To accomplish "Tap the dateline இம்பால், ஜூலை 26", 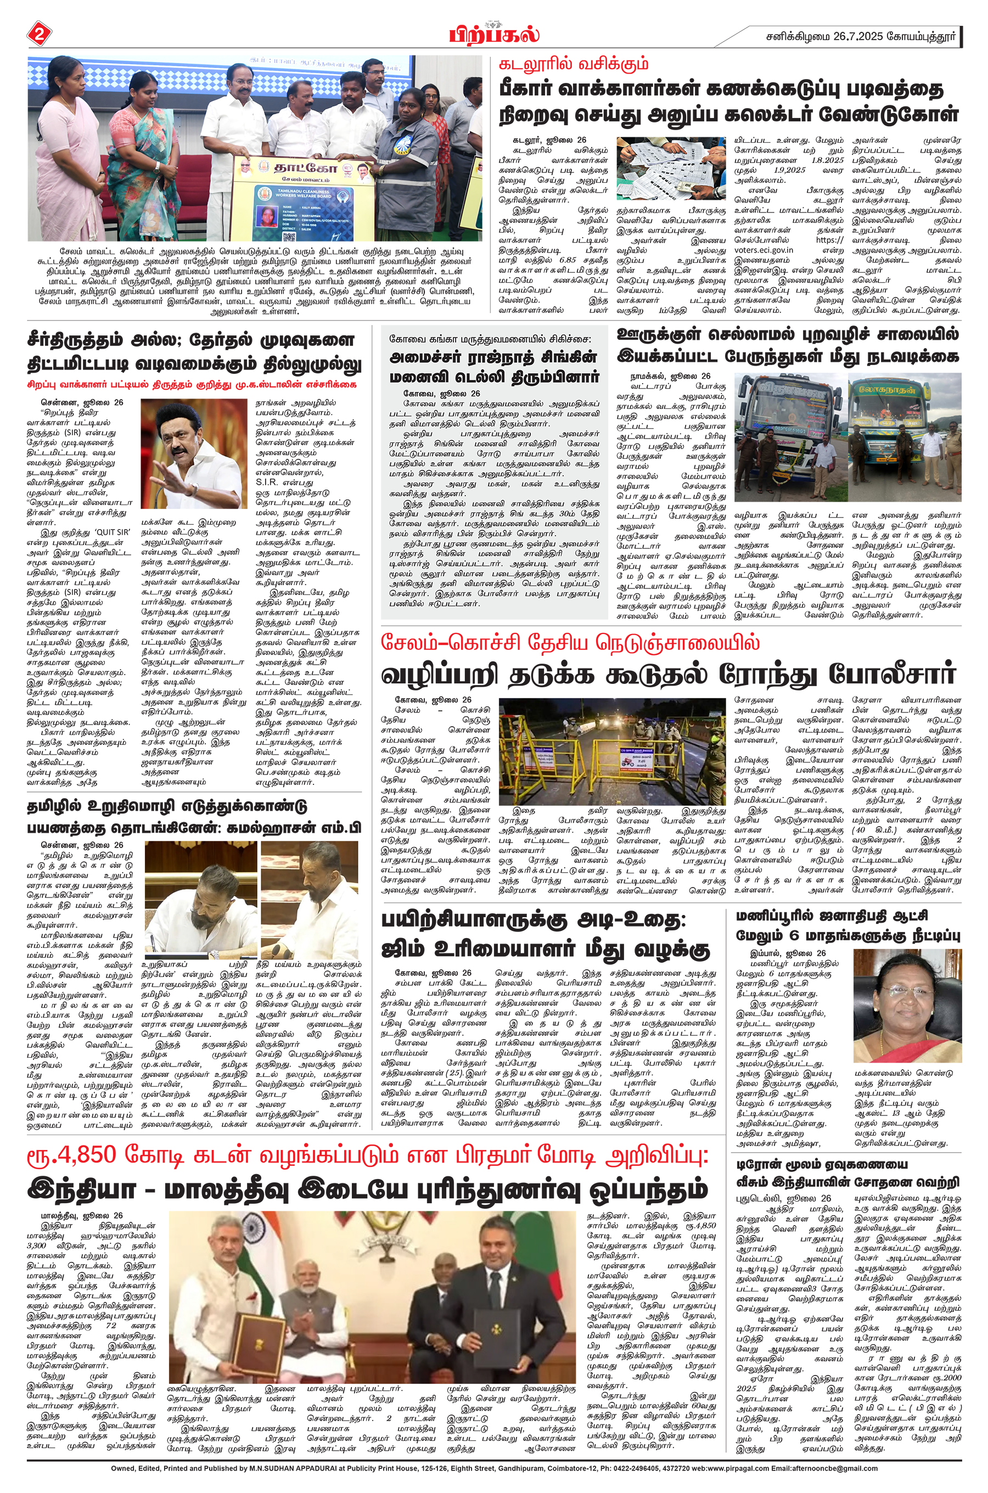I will (787, 953).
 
